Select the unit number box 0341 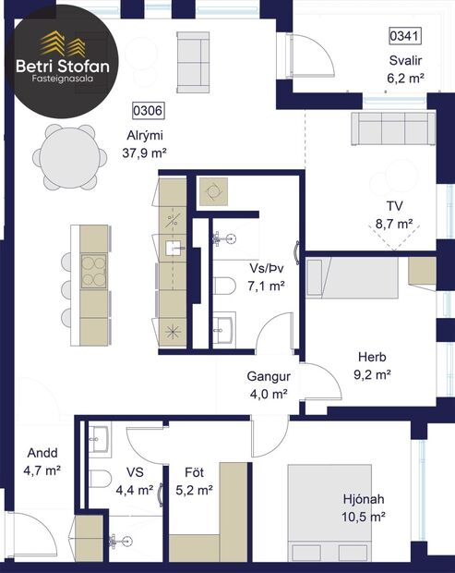coord(405,37)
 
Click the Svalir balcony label coord(405,62)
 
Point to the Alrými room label coord(144,135)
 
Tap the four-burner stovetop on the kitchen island coord(94,272)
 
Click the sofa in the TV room coord(389,129)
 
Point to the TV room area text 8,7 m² coord(393,224)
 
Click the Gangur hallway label coord(269,377)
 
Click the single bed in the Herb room coord(354,278)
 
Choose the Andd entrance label coord(42,454)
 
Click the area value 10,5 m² coord(364,518)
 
